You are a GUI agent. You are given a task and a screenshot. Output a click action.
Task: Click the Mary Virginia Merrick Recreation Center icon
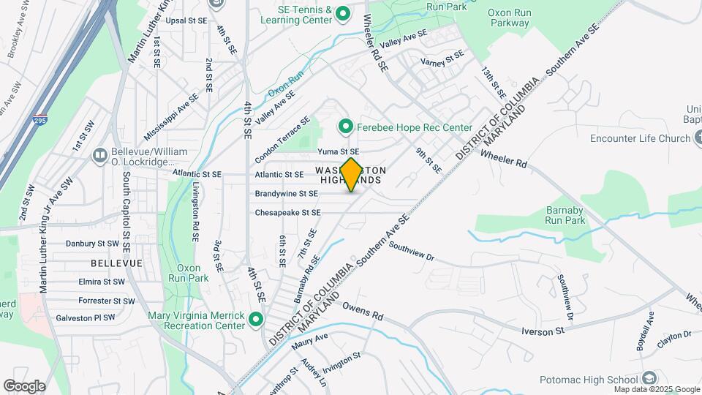(x=255, y=320)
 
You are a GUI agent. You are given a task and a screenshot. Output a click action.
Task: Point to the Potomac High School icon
(x=649, y=379)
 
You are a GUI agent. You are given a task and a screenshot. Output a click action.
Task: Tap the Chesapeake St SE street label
(x=287, y=213)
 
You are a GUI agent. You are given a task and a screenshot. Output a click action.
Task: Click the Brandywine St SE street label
(x=286, y=194)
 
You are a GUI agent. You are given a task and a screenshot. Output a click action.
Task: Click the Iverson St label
(x=544, y=331)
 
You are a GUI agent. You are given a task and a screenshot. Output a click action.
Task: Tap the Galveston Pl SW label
(x=85, y=318)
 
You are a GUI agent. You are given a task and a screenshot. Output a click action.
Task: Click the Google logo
(x=24, y=386)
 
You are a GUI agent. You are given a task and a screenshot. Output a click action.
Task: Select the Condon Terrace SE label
(x=283, y=140)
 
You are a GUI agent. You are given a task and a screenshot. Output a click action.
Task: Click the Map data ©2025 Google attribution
(x=657, y=389)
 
